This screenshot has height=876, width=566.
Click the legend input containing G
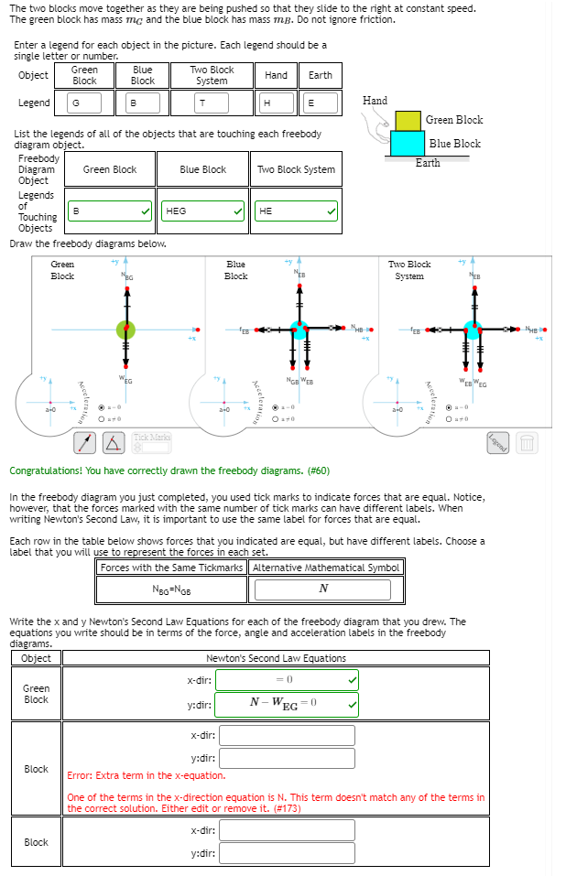[x=93, y=103]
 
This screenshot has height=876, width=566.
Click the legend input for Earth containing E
[x=320, y=103]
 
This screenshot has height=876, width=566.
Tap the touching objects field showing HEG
[x=202, y=211]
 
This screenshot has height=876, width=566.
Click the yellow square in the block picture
[x=408, y=120]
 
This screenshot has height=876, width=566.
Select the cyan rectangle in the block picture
[x=408, y=144]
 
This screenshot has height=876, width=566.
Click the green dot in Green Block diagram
[x=125, y=330]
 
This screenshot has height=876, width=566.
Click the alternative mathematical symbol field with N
[x=327, y=589]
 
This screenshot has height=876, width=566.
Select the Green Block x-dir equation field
[x=288, y=680]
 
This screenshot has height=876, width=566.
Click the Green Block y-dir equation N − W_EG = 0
[x=288, y=704]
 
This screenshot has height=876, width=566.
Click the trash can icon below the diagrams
[x=527, y=443]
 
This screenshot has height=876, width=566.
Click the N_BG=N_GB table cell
[x=172, y=589]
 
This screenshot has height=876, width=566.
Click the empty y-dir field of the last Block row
[x=287, y=853]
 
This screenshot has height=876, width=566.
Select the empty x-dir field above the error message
[x=287, y=735]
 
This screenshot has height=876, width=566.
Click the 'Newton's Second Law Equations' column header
[x=276, y=658]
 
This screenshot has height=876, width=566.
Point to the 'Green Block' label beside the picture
[x=454, y=120]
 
